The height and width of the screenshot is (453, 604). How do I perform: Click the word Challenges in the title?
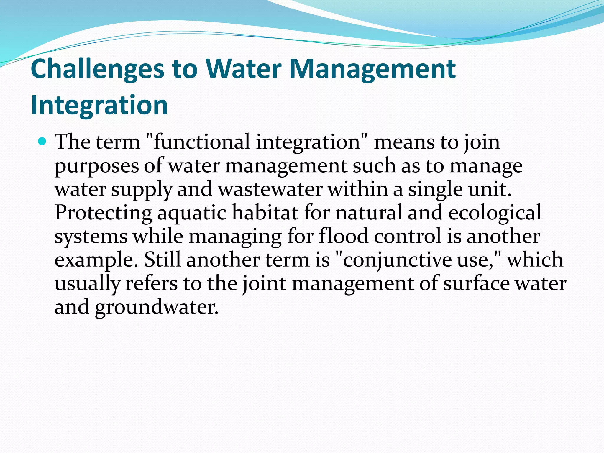click(97, 69)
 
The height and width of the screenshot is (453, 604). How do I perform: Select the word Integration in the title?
click(99, 105)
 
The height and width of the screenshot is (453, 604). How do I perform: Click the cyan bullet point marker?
click(42, 142)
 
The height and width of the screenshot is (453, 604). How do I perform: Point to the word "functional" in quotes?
click(201, 142)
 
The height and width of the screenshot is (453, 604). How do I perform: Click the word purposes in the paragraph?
click(96, 167)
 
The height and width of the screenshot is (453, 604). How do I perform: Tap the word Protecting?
click(103, 213)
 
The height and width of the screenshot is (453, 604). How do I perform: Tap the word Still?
click(162, 260)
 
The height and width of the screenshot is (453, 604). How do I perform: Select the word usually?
click(87, 284)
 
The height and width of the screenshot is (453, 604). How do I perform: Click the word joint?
click(264, 284)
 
